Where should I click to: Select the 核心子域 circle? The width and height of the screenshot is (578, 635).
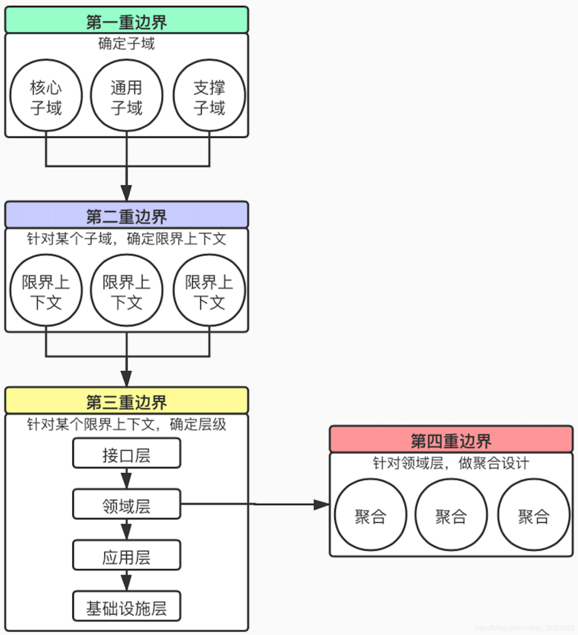pos(46,96)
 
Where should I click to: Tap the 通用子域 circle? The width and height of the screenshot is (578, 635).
pos(127,96)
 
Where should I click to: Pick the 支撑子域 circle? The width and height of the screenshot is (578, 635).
pos(209,96)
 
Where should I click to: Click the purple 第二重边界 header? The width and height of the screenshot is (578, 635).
pos(127,215)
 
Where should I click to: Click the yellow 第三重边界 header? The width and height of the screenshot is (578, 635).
pos(127,401)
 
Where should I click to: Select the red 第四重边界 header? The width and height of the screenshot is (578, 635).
pos(451,440)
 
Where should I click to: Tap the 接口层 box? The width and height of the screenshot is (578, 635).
pos(127,454)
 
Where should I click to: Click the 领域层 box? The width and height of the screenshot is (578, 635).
pos(127,504)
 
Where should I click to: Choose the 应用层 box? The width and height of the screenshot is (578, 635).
pos(127,556)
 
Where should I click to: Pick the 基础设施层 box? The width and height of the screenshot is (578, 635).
pos(127,607)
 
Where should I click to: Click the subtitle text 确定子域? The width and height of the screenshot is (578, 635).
pos(127,43)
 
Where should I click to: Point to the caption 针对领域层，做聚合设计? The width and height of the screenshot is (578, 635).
pos(451,463)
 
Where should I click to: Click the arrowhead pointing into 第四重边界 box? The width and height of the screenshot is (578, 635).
pos(322,504)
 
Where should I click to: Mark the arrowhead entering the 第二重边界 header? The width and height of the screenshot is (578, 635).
pos(126,193)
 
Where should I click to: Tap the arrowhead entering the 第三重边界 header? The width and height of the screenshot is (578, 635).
pos(126,379)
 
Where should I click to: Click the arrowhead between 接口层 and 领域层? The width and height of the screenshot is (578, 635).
pos(126,479)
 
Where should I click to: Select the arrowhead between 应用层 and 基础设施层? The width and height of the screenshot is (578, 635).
pos(126,582)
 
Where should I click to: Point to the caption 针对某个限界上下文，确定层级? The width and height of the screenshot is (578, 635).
pos(127,424)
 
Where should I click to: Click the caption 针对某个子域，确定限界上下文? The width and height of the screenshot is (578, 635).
pos(127,239)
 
